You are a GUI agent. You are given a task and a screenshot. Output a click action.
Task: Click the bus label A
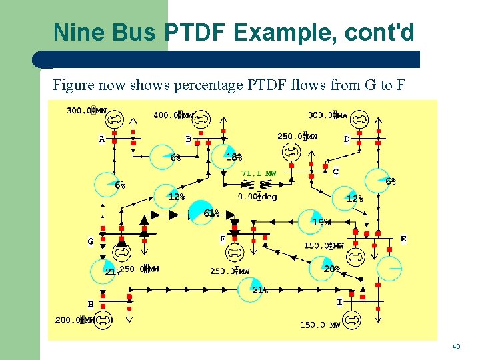pos(102,139)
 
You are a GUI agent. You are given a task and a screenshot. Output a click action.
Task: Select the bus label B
pos(189,139)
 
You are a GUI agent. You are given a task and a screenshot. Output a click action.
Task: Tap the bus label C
pos(335,171)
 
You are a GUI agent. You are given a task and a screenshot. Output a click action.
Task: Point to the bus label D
pos(347,139)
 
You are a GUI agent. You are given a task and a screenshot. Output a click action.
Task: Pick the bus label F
pos(223,239)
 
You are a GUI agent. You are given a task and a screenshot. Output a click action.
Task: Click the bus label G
pos(91,241)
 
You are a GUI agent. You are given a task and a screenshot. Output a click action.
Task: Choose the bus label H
pos(91,304)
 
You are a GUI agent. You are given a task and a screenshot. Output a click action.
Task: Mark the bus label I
pos(339,302)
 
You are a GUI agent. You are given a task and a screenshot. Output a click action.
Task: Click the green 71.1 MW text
pos(259,173)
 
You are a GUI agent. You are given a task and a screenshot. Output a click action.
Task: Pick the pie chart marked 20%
pos(322,268)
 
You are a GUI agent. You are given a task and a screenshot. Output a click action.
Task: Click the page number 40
pos(456,347)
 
